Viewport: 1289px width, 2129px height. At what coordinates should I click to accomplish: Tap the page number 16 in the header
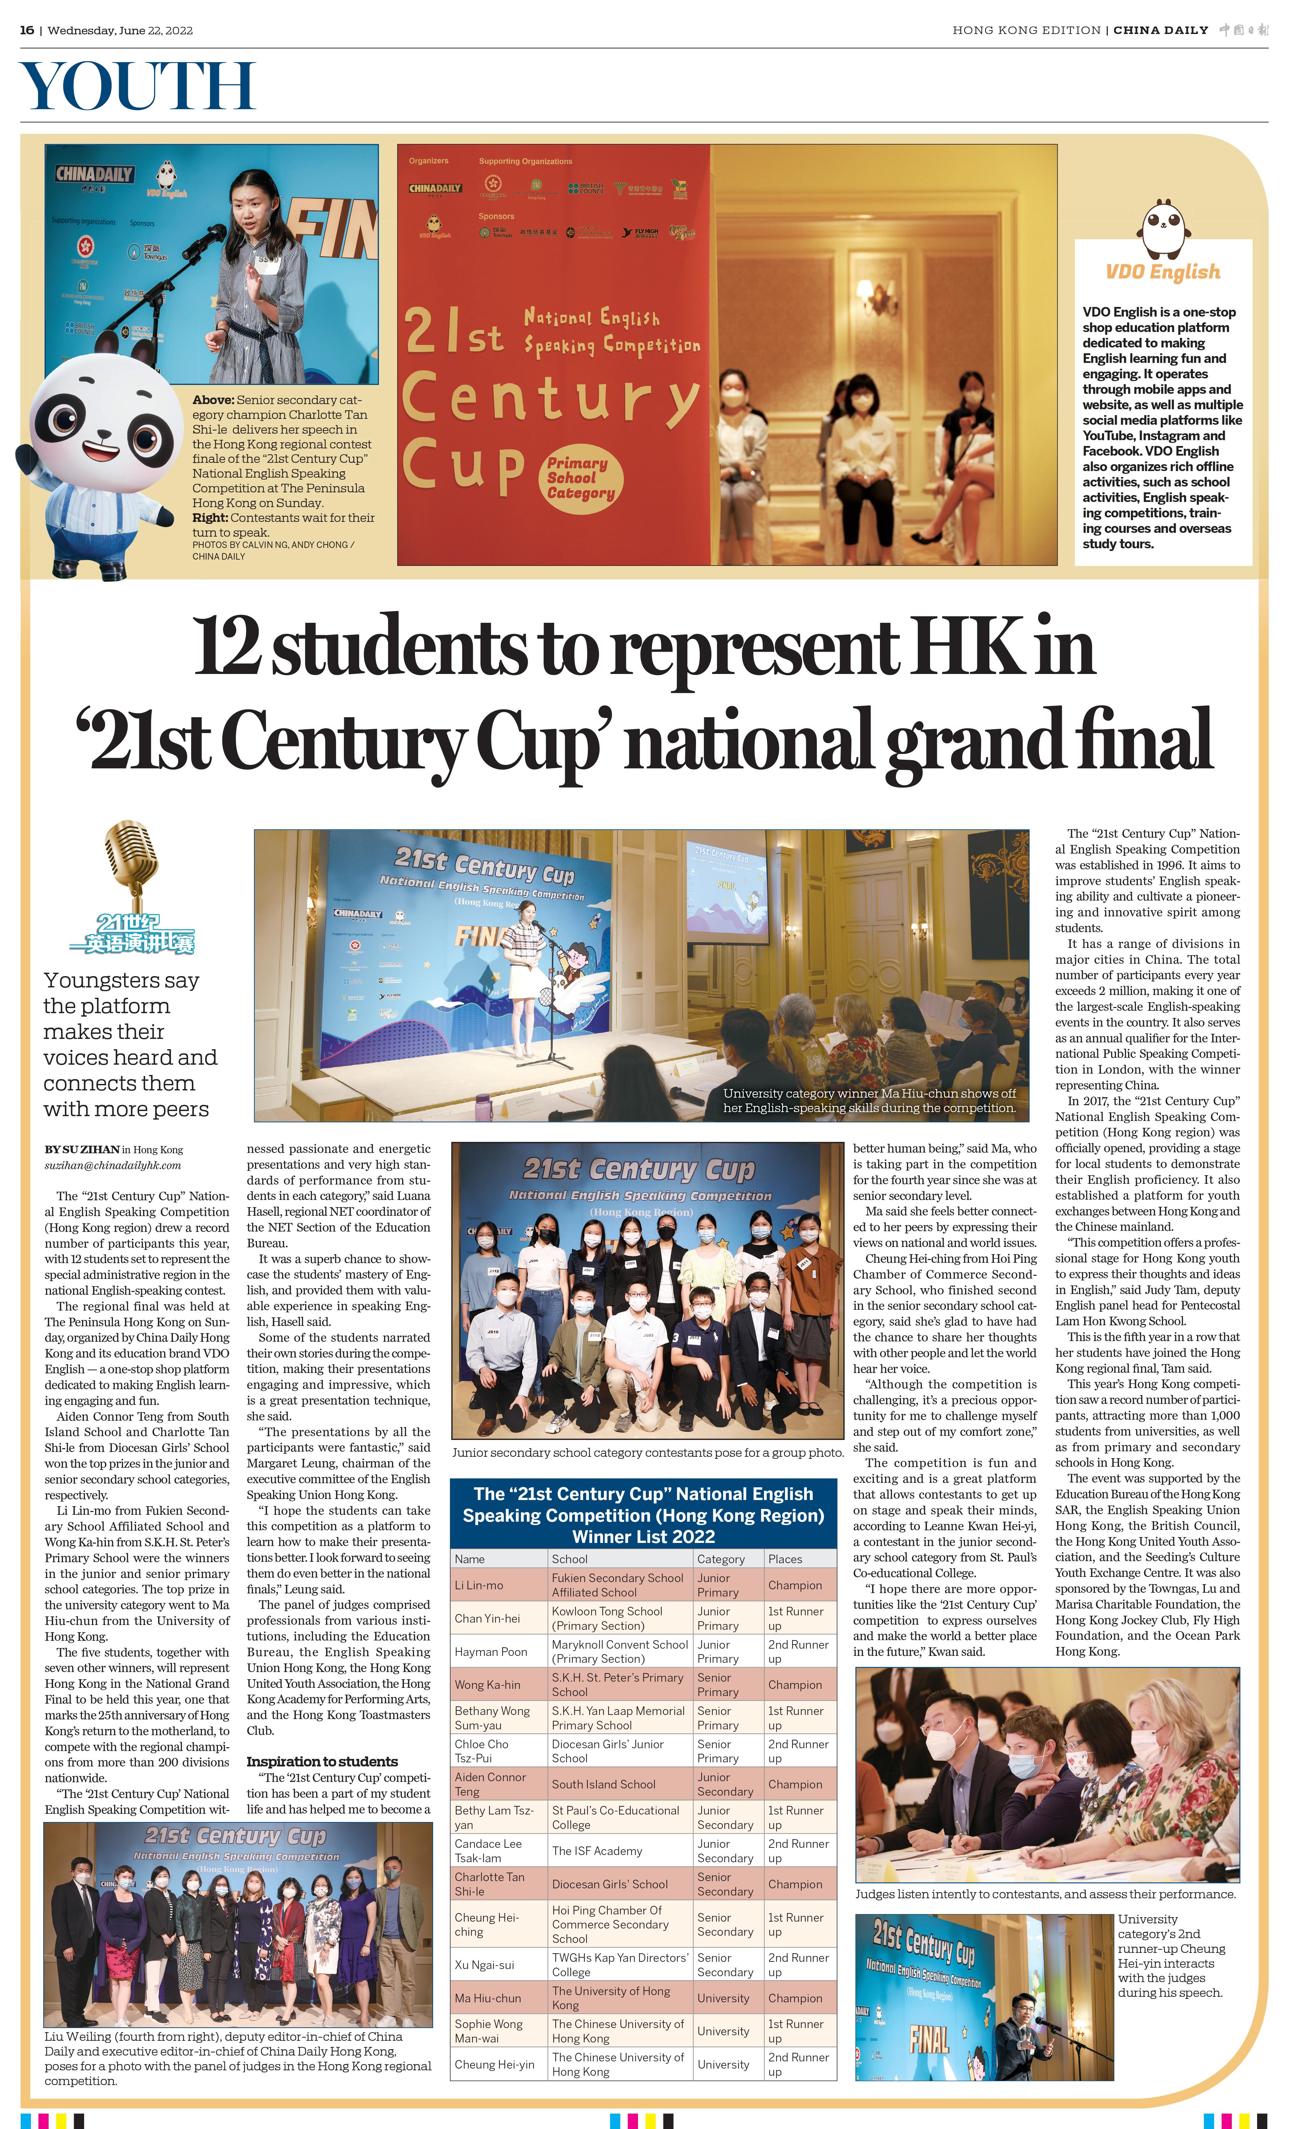pyautogui.click(x=27, y=30)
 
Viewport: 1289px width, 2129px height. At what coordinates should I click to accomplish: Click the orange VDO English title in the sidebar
pyautogui.click(x=1163, y=272)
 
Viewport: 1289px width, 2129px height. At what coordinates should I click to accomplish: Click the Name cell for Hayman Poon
pyautogui.click(x=491, y=1651)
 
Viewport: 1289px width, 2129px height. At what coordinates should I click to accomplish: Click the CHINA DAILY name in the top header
pyautogui.click(x=1160, y=30)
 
